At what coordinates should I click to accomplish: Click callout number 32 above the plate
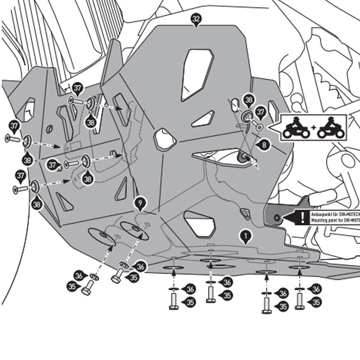[196, 18]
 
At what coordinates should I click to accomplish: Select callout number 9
[140, 204]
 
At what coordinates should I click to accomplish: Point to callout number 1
[246, 234]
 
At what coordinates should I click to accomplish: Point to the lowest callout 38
[37, 204]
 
